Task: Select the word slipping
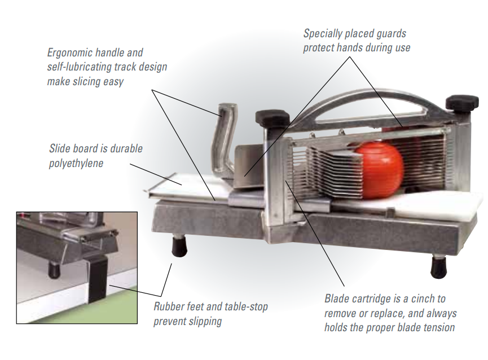coord(203,322)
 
